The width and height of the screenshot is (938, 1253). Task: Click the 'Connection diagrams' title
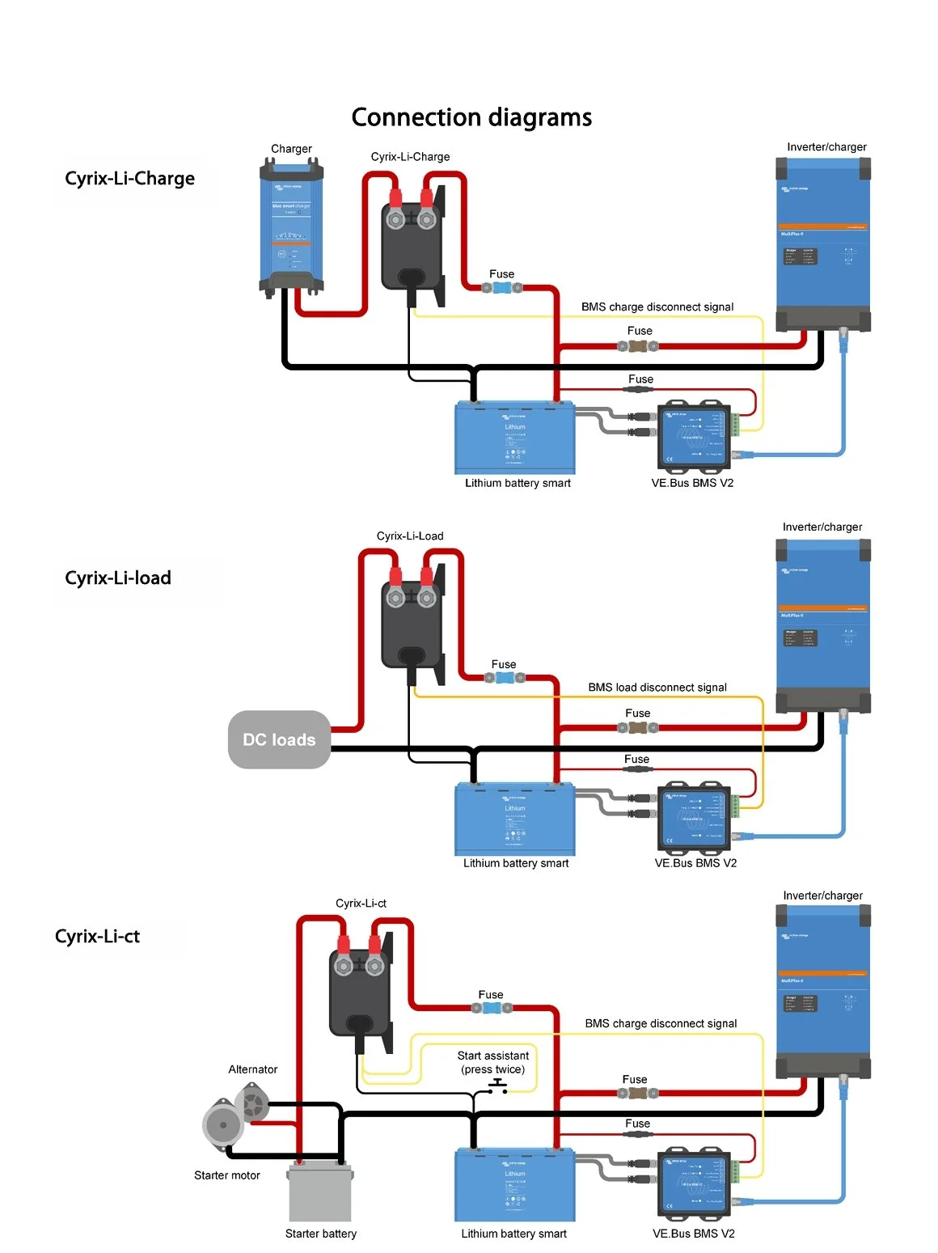(x=471, y=117)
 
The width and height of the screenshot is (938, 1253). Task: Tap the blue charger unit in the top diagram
(x=292, y=226)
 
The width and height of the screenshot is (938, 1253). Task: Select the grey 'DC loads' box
(x=279, y=739)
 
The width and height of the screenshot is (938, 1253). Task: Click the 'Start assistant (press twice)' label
(x=493, y=1062)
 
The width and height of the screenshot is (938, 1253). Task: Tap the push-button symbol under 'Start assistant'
(x=497, y=1086)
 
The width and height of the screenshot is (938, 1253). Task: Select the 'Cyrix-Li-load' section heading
(x=118, y=578)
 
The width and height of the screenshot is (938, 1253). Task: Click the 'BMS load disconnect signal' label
(x=657, y=687)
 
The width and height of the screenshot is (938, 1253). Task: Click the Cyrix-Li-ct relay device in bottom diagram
(x=361, y=991)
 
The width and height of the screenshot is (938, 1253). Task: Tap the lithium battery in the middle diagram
(x=515, y=818)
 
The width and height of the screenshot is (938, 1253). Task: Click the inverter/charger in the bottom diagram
(x=823, y=991)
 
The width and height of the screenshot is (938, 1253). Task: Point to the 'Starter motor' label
(x=227, y=1175)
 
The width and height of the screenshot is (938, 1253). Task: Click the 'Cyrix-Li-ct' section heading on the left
(x=98, y=936)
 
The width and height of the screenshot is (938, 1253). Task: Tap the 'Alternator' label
(x=253, y=1069)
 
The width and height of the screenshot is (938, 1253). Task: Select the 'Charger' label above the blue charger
(x=291, y=149)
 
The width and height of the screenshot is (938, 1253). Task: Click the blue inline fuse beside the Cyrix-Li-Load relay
(x=504, y=677)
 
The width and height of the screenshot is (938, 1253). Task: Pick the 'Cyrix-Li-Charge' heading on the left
(x=130, y=178)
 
